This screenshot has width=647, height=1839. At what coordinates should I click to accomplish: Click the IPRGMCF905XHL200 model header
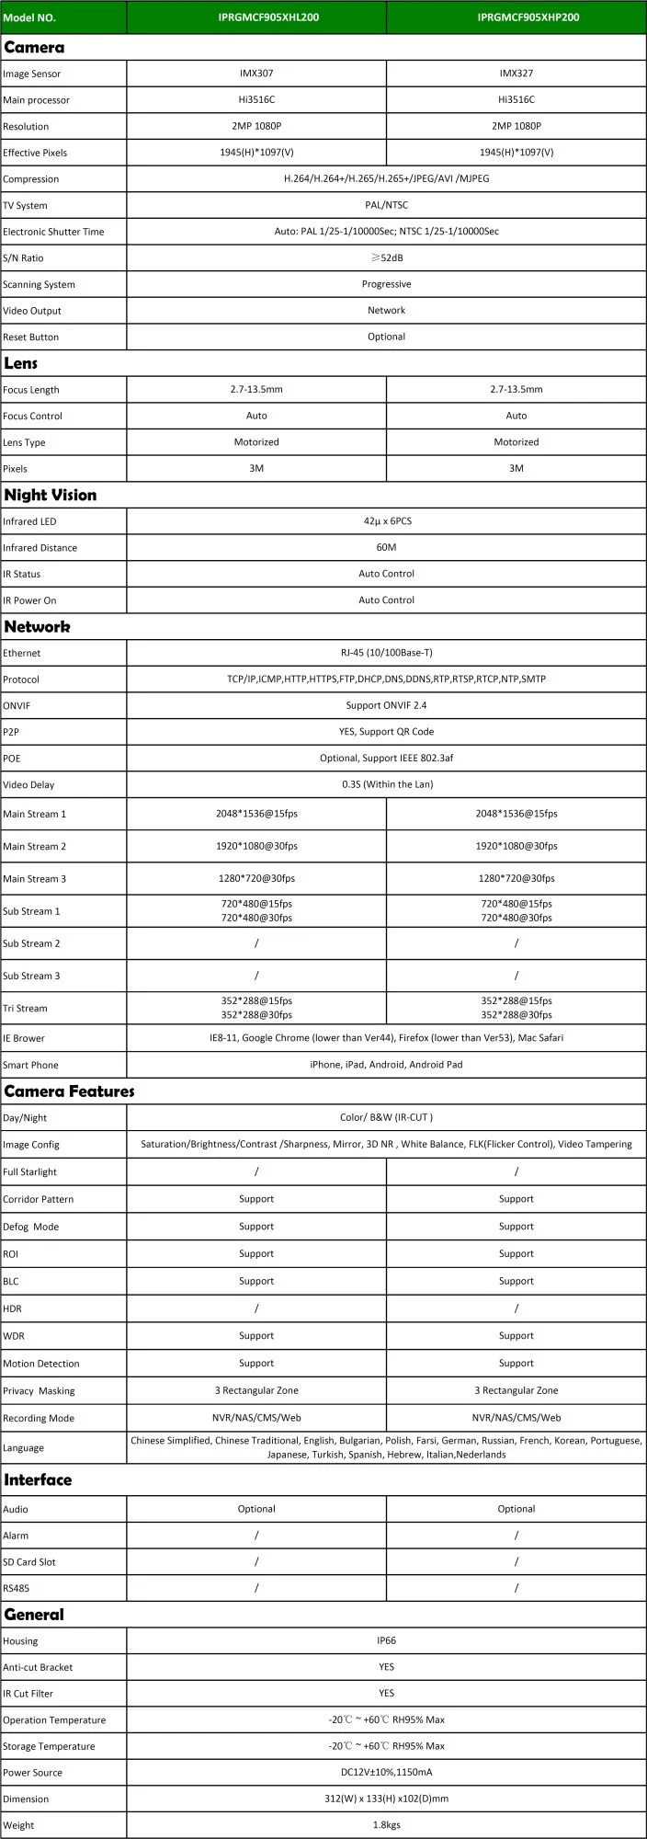pos(256,17)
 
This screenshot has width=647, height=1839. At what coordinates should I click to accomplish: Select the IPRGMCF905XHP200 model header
pos(516,17)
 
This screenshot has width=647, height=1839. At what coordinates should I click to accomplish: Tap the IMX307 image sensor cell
pos(256,74)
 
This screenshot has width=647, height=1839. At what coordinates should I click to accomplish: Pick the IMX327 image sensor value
pos(516,74)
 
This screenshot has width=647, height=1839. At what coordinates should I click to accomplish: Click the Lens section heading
pos(21,363)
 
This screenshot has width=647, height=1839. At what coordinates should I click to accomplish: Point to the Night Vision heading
pos(50,495)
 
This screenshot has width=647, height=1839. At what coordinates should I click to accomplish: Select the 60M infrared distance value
pos(386,547)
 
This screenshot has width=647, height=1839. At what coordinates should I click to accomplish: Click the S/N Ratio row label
pos(23,258)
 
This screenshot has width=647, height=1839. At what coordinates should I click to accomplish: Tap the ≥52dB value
pos(386,258)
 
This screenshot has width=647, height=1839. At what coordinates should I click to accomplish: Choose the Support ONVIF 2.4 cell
pos(386,705)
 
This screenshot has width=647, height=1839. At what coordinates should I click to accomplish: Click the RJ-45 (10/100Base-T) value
pos(386,653)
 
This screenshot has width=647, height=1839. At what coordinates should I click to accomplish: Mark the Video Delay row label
pos(28,785)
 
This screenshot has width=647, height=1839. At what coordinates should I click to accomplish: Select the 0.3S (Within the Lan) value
pos(386,784)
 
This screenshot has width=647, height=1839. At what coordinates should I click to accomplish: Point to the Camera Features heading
pos(69,1091)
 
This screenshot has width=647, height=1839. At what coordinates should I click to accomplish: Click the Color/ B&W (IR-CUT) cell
pos(386,1117)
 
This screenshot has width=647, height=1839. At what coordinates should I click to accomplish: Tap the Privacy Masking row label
pos(39,1391)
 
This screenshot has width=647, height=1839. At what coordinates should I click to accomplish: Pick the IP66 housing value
pos(386,1640)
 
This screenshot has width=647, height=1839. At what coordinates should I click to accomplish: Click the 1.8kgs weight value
pos(386,1825)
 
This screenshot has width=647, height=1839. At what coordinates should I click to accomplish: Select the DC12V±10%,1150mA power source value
pos(386,1772)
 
